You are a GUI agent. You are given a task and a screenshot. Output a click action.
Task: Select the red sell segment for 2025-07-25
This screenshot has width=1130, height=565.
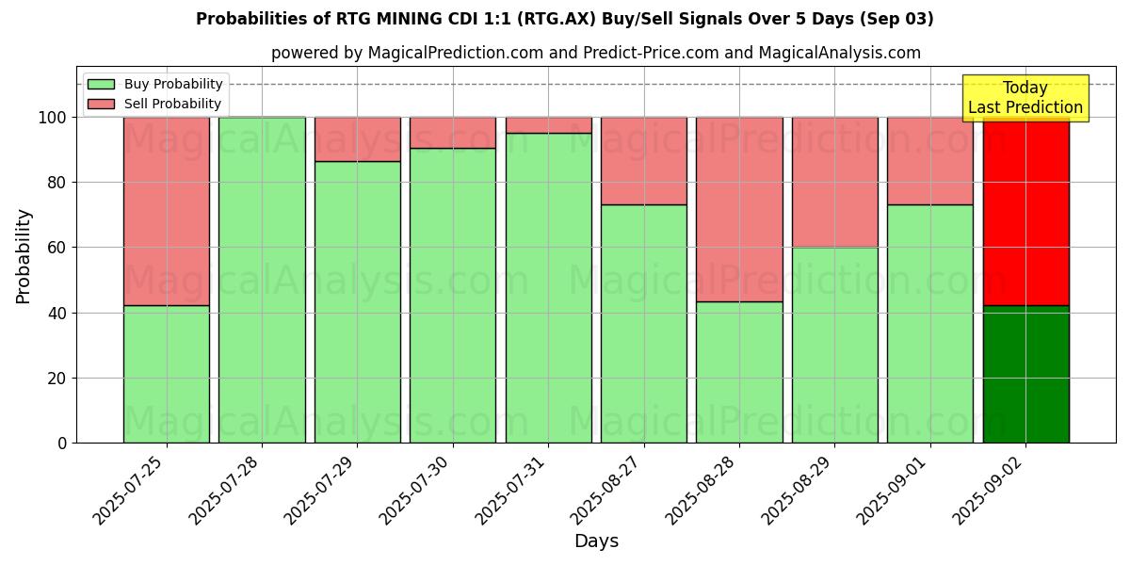click(167, 211)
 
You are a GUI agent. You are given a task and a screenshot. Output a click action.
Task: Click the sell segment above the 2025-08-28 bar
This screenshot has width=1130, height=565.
click(739, 209)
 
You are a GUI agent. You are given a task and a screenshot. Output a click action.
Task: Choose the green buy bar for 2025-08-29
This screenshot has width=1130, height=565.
click(834, 345)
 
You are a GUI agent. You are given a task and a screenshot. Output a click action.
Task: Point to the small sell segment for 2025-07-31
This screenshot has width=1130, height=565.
click(548, 125)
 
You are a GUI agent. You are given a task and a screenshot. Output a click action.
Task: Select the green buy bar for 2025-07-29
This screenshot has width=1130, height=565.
click(357, 301)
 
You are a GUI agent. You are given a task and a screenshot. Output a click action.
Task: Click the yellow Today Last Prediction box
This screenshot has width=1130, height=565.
click(1025, 98)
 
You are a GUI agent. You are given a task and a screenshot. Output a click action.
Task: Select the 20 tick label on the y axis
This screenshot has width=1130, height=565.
click(58, 379)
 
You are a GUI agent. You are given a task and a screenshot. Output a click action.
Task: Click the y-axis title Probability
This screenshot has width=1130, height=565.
click(24, 256)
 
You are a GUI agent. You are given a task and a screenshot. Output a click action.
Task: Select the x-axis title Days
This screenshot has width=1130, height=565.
click(596, 541)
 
